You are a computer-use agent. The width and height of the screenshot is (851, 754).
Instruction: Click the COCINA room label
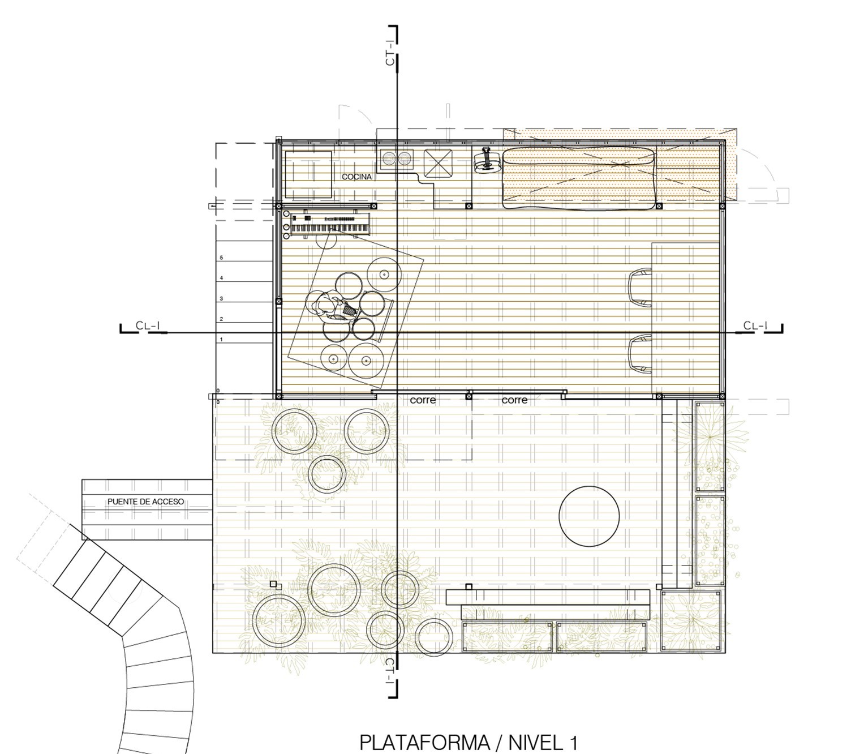pos(356,177)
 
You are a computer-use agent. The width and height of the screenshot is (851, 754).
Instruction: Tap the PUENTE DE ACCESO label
pos(146,502)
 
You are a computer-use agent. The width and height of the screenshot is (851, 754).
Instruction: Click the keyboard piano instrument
pos(330,224)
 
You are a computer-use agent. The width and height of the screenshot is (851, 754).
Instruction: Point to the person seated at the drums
pos(332,306)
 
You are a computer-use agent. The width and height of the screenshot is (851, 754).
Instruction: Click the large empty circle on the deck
pos(589,516)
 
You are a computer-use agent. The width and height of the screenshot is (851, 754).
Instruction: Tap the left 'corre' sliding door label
pos(423,400)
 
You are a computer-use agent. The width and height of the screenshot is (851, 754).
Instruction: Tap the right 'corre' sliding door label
pos(514,400)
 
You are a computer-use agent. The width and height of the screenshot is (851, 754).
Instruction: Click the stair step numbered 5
pos(244,251)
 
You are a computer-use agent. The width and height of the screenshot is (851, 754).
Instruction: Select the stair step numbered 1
pos(244,333)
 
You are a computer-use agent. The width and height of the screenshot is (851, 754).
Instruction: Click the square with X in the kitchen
pos(438,163)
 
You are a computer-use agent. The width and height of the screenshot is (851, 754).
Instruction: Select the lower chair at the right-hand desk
pos(640,354)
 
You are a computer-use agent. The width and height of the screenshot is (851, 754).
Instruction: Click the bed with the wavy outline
pos(579,178)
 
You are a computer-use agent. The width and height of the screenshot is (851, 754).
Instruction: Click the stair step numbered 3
pos(244,293)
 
